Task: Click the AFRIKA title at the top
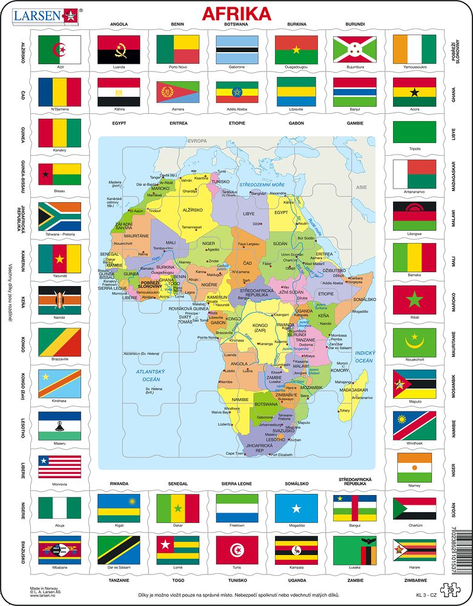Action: [x=236, y=13]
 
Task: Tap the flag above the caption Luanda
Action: [x=119, y=49]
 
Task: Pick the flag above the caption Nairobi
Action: [x=59, y=300]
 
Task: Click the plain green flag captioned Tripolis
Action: [x=414, y=132]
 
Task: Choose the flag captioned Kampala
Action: [x=296, y=550]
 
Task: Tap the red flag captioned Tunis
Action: [x=237, y=550]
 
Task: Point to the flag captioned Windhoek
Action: [x=414, y=425]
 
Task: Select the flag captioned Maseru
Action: [x=59, y=425]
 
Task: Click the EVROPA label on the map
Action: [x=197, y=141]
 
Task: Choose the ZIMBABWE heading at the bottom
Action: [x=414, y=579]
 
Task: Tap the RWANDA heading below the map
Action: [x=119, y=484]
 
